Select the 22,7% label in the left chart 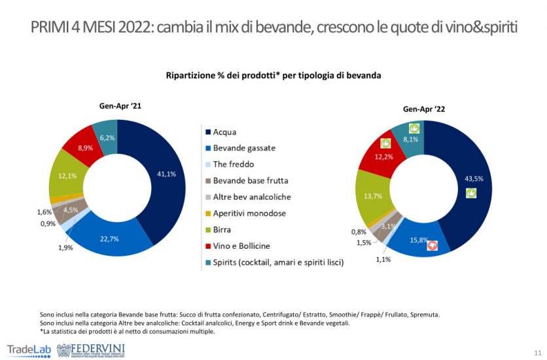(109, 238)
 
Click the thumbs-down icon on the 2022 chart (432, 245)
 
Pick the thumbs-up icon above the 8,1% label (414, 128)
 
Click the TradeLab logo (28, 348)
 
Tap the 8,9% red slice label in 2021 (85, 149)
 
